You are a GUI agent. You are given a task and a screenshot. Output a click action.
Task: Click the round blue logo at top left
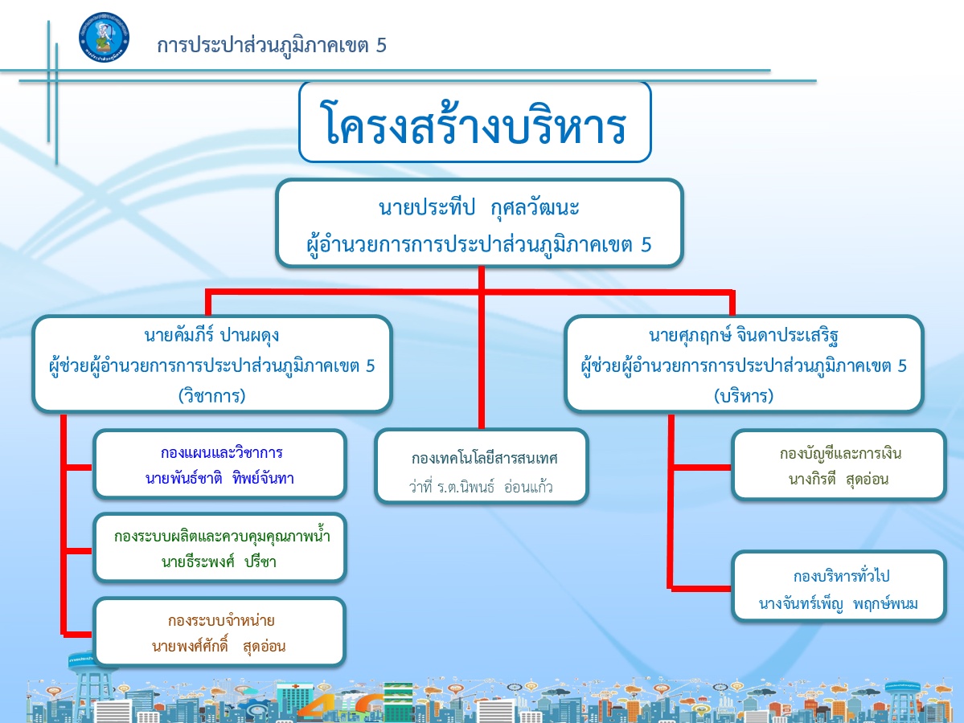point(104,38)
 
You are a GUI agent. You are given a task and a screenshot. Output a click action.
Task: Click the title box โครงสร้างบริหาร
point(474,122)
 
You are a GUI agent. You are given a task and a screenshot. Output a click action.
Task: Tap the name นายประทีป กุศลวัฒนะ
point(479,207)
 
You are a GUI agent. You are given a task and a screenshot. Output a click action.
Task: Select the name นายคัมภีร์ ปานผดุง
point(211,336)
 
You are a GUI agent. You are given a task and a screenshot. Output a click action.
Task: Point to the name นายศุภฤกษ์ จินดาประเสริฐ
point(744,336)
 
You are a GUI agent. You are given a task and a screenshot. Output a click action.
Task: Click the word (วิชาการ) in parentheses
point(211,395)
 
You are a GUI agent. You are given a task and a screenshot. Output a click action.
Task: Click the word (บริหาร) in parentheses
point(744,395)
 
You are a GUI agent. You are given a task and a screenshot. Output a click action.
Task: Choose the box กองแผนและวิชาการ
point(220,464)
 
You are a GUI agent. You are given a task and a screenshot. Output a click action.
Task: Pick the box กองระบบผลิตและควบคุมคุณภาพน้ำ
point(220,547)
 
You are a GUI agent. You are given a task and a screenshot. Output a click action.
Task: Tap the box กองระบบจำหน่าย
point(220,632)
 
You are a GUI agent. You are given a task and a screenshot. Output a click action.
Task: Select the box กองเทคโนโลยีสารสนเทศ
point(482,466)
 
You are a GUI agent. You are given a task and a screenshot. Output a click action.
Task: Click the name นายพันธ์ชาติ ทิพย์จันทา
point(220,478)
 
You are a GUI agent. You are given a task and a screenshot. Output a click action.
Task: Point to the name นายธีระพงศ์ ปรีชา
point(219,562)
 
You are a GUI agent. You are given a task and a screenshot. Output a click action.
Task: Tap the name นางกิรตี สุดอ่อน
point(839,479)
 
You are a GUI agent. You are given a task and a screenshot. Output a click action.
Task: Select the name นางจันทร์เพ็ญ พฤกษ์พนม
point(839,604)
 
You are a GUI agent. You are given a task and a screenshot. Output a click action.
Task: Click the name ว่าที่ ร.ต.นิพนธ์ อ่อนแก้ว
point(481,487)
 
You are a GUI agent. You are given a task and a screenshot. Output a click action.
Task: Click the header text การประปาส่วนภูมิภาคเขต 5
point(271,46)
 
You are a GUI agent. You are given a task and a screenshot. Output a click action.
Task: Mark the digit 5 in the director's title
point(646,244)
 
